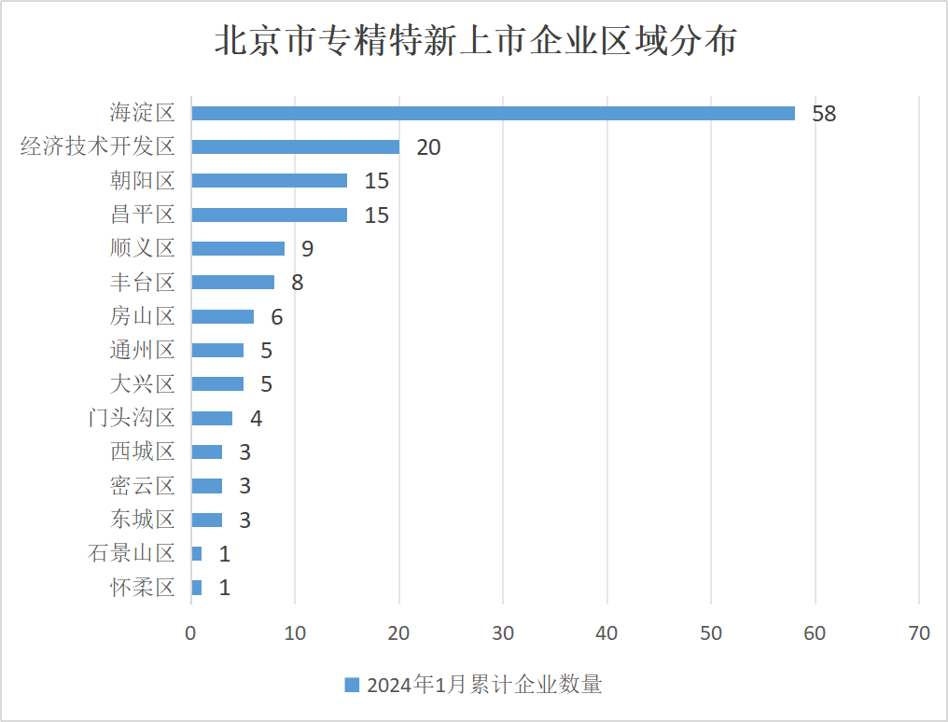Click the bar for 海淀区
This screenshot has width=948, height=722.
[x=493, y=113]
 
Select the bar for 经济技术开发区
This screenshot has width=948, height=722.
[x=295, y=146]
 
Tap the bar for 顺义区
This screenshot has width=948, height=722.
[x=238, y=248]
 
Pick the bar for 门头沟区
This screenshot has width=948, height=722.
[x=212, y=418]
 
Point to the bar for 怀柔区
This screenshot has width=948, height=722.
[x=197, y=588]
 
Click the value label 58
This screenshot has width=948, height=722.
[x=824, y=114]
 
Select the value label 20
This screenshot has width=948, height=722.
[x=428, y=147]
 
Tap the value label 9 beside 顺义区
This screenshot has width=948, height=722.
[x=307, y=249]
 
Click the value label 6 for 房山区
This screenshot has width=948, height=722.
[x=276, y=317]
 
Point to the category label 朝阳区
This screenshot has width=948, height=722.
[x=142, y=180]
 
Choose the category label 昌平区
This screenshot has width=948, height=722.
[x=142, y=215]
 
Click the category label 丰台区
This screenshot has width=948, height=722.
[x=142, y=282]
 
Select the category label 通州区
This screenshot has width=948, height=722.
[x=142, y=350]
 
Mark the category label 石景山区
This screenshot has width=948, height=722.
[x=132, y=553]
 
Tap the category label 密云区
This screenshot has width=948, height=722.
[x=142, y=485]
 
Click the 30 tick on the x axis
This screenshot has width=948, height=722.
[x=503, y=632]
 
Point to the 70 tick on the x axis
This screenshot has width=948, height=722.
[x=919, y=632]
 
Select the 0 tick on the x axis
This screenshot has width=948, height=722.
[x=191, y=632]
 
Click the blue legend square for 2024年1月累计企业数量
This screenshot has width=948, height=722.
[x=352, y=685]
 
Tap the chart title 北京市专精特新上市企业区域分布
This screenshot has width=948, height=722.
[x=476, y=42]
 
